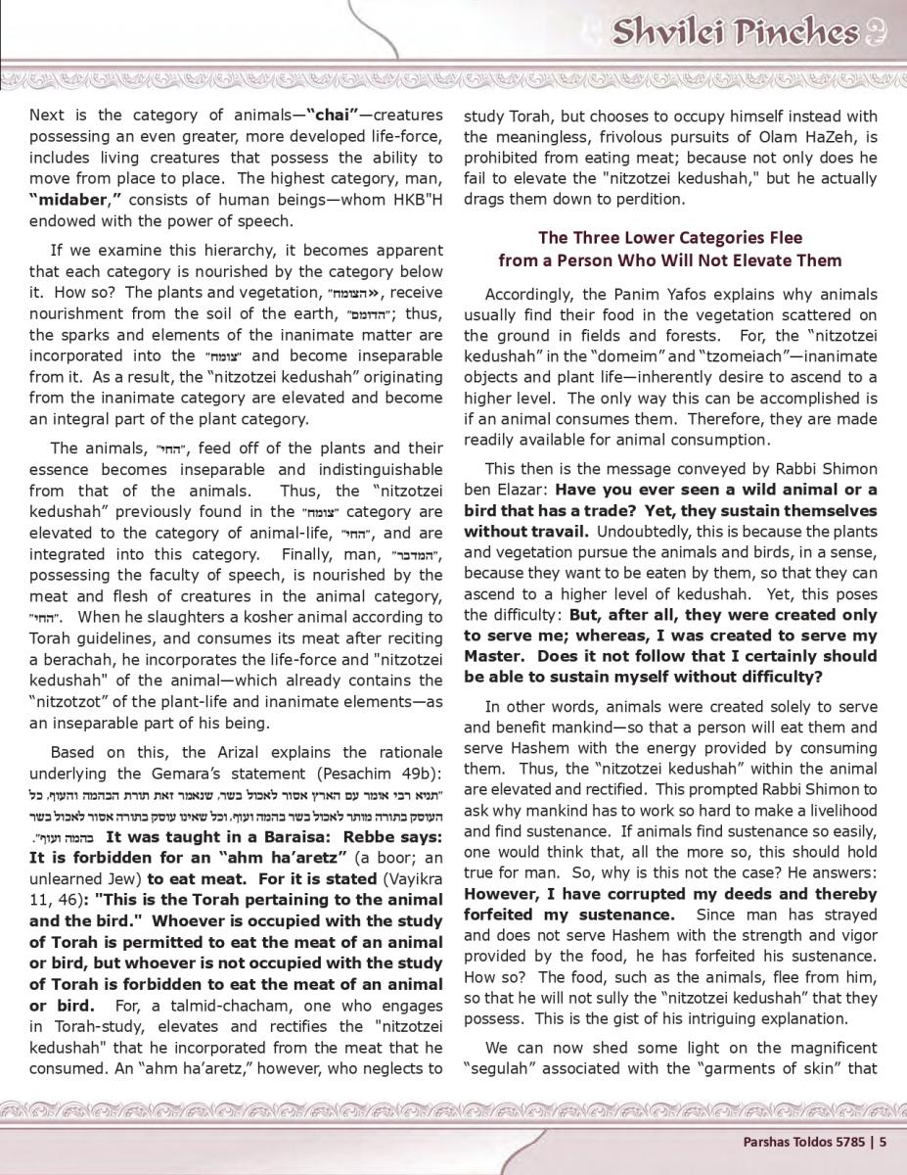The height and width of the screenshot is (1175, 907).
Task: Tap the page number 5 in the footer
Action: (x=883, y=1139)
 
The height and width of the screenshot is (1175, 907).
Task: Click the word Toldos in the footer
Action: (x=806, y=1139)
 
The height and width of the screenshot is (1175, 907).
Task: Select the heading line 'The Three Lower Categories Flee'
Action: (x=669, y=238)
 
